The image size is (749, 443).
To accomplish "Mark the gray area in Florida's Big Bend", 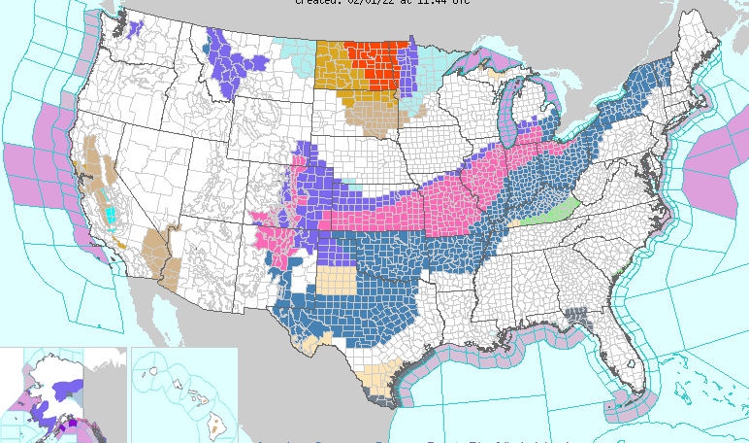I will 580,318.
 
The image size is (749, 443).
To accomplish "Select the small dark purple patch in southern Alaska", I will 67,425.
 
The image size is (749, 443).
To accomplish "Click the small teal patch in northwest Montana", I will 207,44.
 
